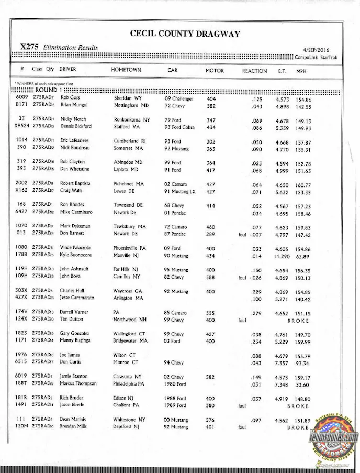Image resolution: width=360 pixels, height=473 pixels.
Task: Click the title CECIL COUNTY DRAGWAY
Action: pos(185,34)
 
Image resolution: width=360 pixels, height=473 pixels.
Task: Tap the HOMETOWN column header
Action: pos(126,70)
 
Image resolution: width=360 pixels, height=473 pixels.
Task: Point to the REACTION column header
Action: pos(254,71)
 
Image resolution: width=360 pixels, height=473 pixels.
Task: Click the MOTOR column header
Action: pos(215,71)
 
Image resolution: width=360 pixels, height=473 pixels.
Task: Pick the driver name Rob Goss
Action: pos(70,98)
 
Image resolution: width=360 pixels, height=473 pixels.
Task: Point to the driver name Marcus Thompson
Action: pos(78,383)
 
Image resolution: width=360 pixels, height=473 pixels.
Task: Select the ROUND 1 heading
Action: pos(46,90)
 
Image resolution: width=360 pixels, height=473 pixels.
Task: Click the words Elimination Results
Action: pos(71,48)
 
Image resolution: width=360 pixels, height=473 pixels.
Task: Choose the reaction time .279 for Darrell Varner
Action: pos(256,313)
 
